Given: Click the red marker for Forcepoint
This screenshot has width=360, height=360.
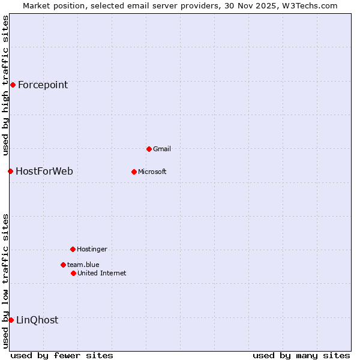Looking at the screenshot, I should (x=13, y=85).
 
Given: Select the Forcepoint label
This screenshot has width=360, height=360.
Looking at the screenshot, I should (x=43, y=85).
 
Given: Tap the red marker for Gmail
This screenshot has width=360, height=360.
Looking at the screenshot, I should (x=149, y=149).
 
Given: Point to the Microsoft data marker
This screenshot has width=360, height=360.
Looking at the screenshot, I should (x=134, y=172).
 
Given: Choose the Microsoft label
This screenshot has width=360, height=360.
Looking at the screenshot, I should (x=152, y=172).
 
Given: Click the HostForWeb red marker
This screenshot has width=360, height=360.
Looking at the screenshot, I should (x=10, y=171).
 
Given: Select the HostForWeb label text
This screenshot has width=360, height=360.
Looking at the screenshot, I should (x=44, y=172).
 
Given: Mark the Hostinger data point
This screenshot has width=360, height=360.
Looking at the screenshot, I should (x=73, y=249).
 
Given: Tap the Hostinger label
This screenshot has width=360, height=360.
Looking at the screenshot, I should (x=92, y=249).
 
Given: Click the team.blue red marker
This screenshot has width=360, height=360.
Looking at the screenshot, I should (x=63, y=265).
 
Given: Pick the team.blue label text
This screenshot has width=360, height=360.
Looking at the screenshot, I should (x=83, y=265).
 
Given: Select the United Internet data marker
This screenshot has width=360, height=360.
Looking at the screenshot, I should (x=73, y=273).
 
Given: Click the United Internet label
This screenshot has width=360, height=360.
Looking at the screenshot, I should (x=102, y=273).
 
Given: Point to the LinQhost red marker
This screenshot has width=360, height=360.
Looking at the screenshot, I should (x=11, y=320).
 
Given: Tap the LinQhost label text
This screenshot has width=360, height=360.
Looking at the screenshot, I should (x=37, y=320).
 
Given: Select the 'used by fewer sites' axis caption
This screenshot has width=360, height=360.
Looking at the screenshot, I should (x=62, y=355).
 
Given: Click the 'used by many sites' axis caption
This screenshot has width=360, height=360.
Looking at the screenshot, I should (x=301, y=355).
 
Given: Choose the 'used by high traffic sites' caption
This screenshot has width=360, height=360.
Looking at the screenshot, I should (x=5, y=86).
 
